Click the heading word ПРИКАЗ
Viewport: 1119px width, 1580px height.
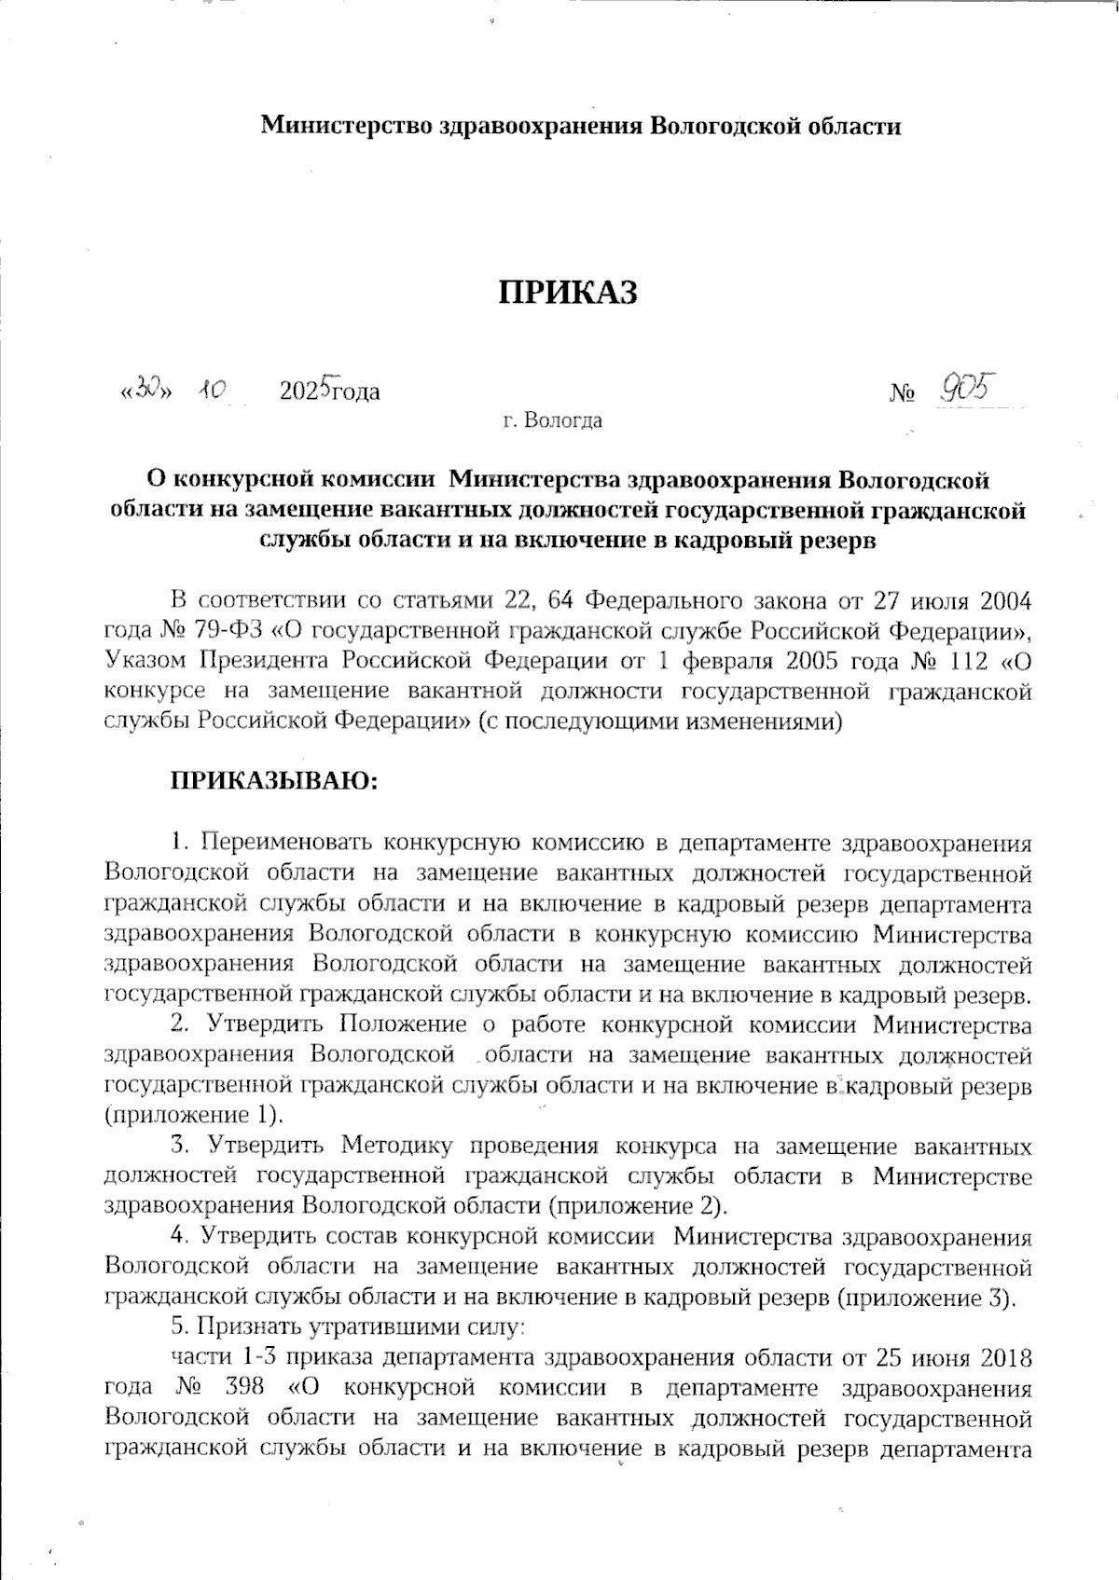[x=568, y=293]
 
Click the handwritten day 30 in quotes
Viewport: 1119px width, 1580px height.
[x=146, y=390]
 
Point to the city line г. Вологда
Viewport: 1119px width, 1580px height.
[x=552, y=420]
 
